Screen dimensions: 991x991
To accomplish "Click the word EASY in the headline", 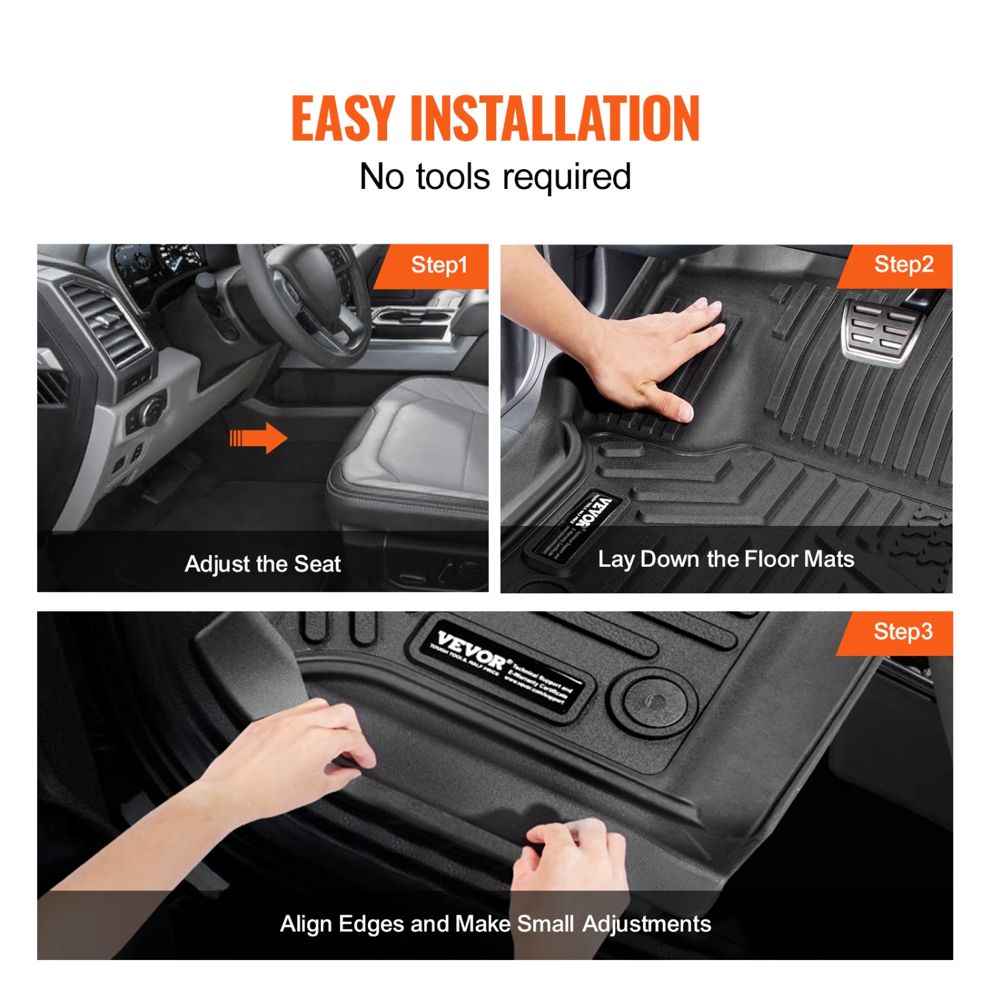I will [343, 119].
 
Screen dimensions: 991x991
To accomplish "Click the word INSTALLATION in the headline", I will [554, 119].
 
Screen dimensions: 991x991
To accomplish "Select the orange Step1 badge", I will [438, 266].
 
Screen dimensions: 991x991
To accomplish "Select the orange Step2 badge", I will [902, 265].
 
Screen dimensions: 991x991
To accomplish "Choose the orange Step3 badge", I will [902, 632].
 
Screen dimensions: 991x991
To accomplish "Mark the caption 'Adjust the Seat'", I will [262, 564].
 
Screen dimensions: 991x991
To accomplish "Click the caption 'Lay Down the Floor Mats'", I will [725, 560].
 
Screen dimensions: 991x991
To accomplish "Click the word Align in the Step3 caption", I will [306, 924].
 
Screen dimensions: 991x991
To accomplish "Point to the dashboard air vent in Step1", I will [109, 324].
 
